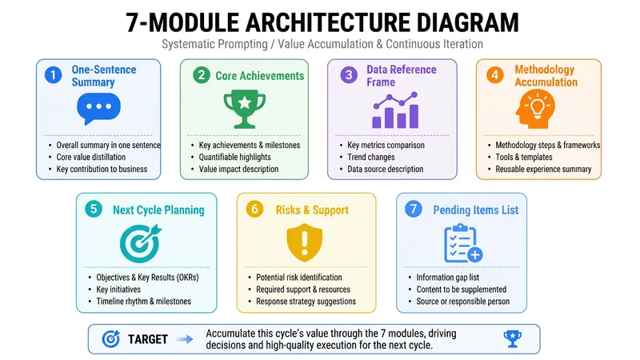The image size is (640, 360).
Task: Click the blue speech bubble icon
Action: [98, 108]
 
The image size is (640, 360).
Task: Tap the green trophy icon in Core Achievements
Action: [245, 109]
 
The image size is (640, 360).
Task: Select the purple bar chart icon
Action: [395, 110]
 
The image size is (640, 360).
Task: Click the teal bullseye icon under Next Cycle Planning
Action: [141, 243]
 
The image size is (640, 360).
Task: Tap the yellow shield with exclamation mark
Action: [305, 242]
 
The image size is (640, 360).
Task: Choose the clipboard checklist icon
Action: [463, 243]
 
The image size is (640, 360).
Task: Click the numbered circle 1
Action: [54, 75]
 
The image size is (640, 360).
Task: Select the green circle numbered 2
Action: [202, 75]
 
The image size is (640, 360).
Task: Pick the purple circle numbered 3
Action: [349, 75]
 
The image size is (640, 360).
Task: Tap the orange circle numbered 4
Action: [495, 75]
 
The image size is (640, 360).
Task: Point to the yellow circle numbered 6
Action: [254, 210]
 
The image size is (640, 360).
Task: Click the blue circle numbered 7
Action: [414, 210]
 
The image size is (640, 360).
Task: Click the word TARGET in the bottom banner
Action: [148, 339]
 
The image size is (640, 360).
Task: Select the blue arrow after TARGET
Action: [185, 339]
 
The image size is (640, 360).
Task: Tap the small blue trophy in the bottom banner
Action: [512, 338]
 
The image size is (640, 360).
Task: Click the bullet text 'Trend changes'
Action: [371, 157]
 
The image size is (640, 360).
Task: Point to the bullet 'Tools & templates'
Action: [524, 157]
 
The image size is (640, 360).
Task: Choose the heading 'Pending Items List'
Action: [475, 210]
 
